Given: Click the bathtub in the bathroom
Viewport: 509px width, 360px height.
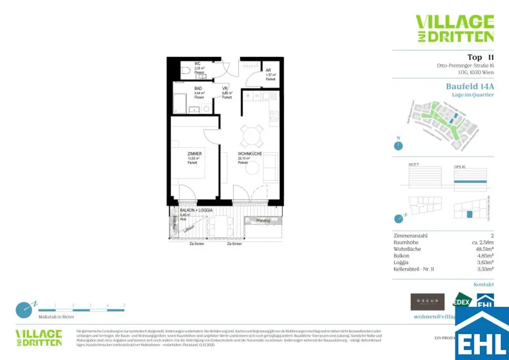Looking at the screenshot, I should click(180, 104).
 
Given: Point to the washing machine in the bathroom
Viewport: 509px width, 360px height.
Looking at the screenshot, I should click(206, 108).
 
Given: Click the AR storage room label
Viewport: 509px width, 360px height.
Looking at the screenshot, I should click(268, 70).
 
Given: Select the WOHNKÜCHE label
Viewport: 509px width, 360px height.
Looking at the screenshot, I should click(250, 154).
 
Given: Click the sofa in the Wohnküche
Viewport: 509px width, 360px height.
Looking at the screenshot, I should click(271, 168).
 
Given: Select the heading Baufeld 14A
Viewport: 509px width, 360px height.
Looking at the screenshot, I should click(470, 87).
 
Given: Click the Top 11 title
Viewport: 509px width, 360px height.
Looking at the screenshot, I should click(480, 57).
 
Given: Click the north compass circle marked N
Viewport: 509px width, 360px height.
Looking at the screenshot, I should click(398, 146).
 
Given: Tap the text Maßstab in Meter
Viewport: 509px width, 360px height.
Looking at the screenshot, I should click(56, 317).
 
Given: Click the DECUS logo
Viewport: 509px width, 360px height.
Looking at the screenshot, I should click(427, 302).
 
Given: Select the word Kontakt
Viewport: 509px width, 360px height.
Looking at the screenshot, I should click(484, 284).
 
